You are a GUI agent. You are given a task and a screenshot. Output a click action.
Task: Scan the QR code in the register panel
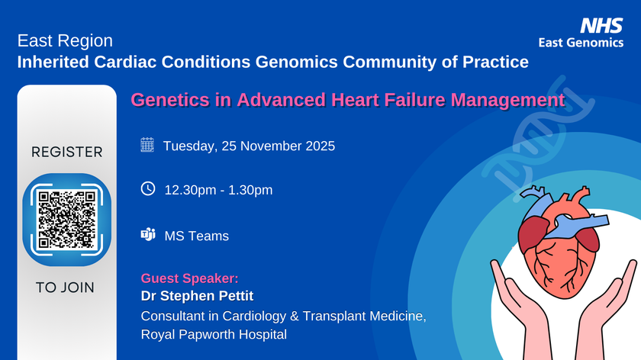[x=66, y=220]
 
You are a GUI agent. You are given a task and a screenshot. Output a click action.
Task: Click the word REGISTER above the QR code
[x=66, y=152]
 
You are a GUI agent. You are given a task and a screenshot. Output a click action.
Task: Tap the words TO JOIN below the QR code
[x=66, y=288]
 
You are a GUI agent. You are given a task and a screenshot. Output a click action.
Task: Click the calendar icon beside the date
[x=148, y=145]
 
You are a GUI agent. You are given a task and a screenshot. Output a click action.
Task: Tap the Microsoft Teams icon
[x=148, y=235]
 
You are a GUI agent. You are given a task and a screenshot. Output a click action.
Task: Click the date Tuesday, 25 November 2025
[x=250, y=146]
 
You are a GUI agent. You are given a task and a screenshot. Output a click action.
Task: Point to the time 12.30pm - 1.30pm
[x=218, y=190]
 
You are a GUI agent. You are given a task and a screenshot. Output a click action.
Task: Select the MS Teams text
[x=197, y=236]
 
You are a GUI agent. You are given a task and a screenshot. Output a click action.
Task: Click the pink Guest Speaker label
[x=189, y=278]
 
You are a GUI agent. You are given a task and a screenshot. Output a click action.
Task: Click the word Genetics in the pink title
[x=160, y=100]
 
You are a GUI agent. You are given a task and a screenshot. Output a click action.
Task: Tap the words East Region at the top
[x=65, y=41]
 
